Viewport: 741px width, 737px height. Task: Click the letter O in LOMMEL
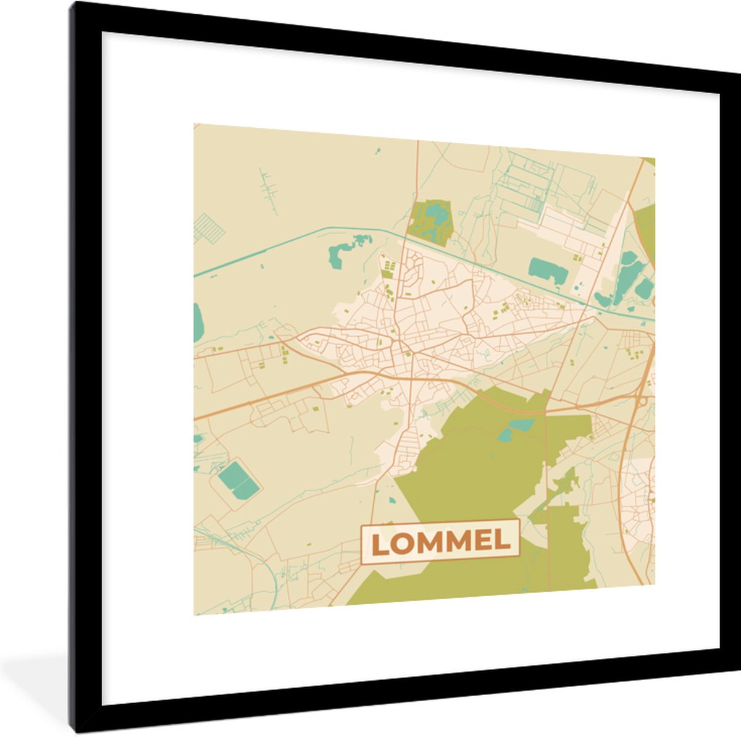(400, 543)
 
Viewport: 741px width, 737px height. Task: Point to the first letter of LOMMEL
(378, 544)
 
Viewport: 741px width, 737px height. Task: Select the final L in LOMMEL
(503, 541)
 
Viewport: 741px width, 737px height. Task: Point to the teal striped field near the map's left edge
(208, 229)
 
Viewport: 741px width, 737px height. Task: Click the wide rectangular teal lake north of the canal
(548, 270)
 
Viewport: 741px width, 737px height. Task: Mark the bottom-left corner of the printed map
(195, 615)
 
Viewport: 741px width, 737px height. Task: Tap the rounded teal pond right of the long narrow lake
(643, 288)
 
